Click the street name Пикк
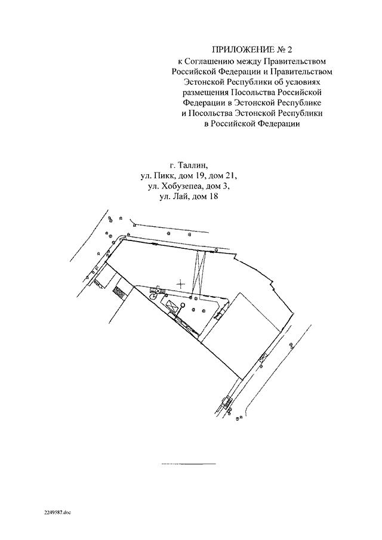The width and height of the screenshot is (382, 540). coord(164,177)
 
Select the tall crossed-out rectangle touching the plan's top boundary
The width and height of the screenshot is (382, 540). coord(199,272)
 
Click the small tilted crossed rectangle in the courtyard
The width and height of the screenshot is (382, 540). coord(174,306)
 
